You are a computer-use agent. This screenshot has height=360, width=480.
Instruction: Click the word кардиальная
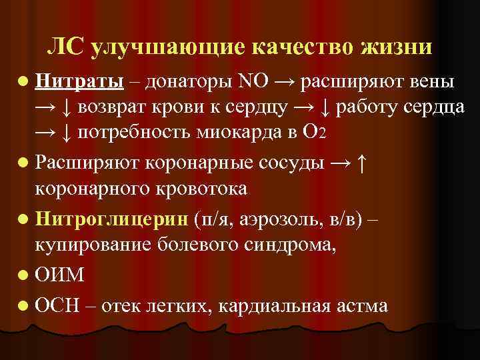(x=273, y=305)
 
